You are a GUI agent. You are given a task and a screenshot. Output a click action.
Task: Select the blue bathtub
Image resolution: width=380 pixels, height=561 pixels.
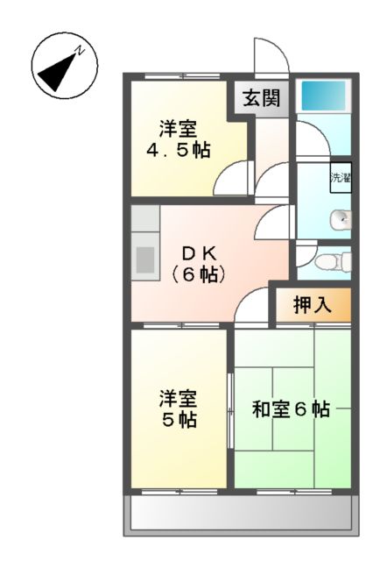click(323, 95)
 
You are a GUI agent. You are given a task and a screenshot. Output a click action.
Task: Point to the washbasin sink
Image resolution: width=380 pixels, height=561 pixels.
click(341, 219)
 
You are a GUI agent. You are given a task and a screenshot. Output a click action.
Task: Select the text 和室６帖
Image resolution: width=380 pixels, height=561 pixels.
click(291, 408)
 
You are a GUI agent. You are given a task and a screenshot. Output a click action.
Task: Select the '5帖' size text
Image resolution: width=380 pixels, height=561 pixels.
click(177, 420)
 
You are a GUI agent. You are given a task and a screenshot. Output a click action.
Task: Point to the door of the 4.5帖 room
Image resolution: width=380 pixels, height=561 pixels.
click(232, 181)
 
